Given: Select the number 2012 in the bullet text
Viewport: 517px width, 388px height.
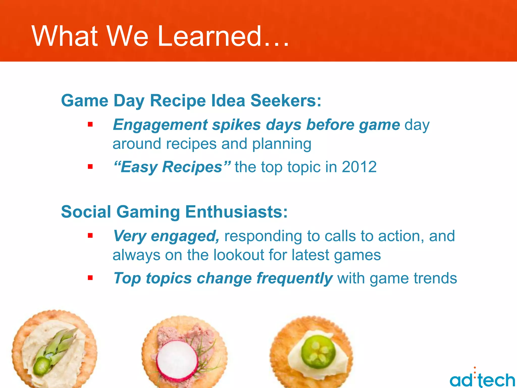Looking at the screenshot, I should (359, 167).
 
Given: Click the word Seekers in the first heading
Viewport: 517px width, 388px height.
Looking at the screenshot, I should (286, 101).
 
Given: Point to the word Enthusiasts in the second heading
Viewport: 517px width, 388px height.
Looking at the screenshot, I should (236, 212).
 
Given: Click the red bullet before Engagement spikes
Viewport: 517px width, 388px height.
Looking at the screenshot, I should (90, 125).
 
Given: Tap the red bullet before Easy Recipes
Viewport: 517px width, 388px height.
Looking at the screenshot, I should (90, 167).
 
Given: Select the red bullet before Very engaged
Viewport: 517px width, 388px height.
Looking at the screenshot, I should (90, 236).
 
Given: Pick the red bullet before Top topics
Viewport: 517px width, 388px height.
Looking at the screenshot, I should (90, 278).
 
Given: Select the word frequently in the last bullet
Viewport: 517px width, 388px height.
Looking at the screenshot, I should (294, 278).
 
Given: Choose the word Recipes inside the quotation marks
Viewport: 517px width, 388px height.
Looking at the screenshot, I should (192, 167).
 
